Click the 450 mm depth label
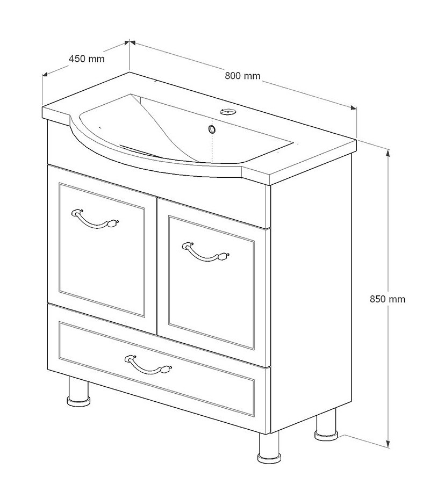coord(87,59)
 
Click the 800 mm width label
coord(242,75)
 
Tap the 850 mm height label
coord(388,299)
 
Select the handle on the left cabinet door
coord(95,219)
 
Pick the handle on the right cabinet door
coord(206,251)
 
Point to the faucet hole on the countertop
coord(227,111)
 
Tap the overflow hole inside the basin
coord(212,129)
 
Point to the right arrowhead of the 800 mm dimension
coord(353,107)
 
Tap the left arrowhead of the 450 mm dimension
coord(45,74)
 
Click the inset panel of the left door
coord(102,249)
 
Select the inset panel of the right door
coord(211,283)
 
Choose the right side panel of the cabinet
coord(311,292)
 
